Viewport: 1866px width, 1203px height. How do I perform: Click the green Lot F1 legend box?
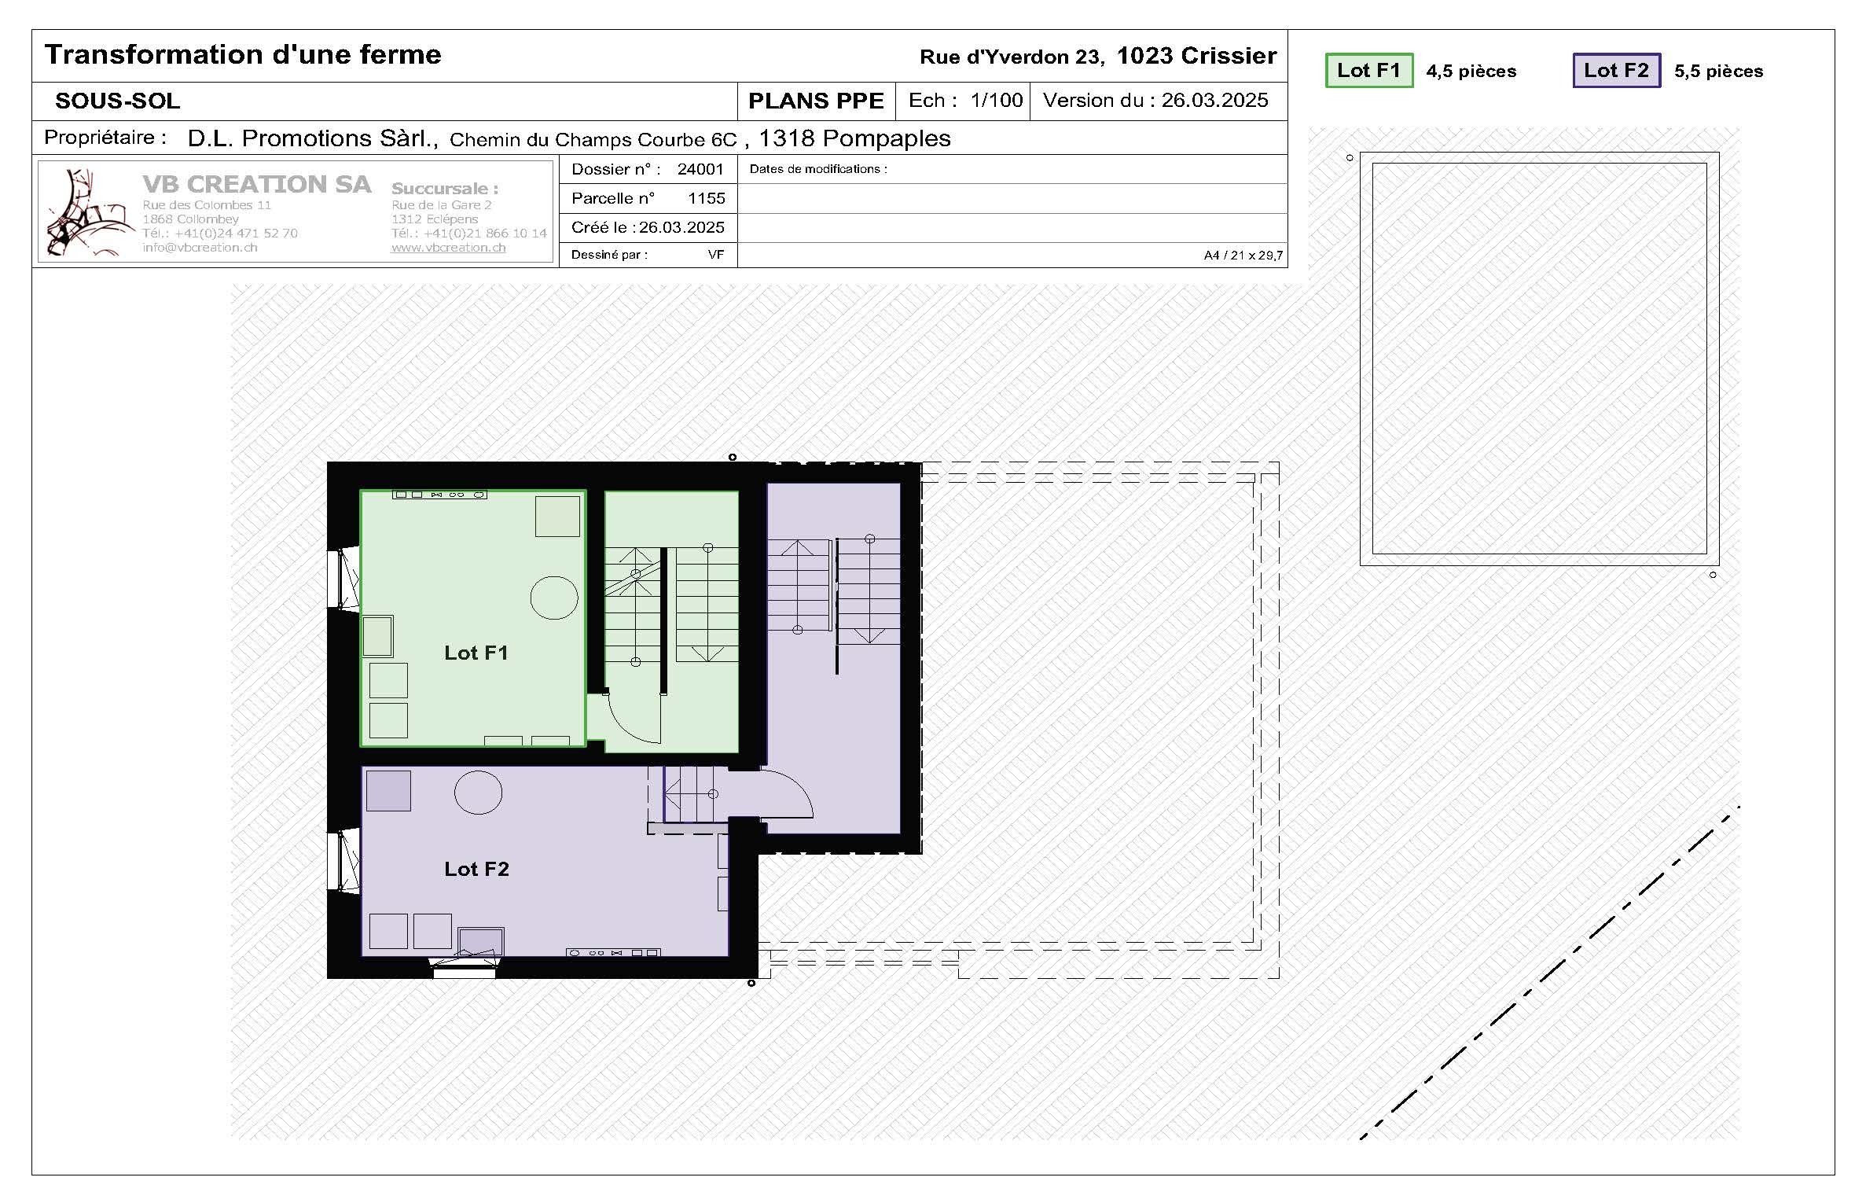(1368, 71)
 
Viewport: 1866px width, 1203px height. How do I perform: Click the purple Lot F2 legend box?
(1616, 71)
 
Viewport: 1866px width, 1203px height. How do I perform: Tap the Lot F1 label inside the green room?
(476, 653)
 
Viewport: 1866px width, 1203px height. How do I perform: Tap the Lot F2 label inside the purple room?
(476, 869)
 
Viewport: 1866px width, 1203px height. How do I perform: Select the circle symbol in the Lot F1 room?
(554, 598)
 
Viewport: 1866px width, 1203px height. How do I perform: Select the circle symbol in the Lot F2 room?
(478, 793)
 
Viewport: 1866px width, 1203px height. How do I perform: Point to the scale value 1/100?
(996, 101)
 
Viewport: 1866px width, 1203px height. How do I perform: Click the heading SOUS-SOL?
(118, 101)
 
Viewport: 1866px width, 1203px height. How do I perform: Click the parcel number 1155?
(706, 198)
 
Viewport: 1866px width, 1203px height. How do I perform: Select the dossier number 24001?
(700, 169)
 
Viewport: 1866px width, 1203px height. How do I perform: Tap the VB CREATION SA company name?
(256, 184)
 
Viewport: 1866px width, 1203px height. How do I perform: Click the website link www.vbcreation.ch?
(448, 248)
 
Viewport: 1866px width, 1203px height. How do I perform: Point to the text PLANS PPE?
(816, 101)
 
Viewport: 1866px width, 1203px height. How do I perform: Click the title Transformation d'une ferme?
(243, 54)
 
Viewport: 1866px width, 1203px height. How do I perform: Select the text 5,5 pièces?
(1718, 72)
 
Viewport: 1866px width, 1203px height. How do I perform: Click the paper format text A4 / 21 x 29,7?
(1243, 256)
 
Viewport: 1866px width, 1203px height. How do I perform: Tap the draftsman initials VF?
(715, 255)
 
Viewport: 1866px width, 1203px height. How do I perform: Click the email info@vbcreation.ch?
(200, 248)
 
